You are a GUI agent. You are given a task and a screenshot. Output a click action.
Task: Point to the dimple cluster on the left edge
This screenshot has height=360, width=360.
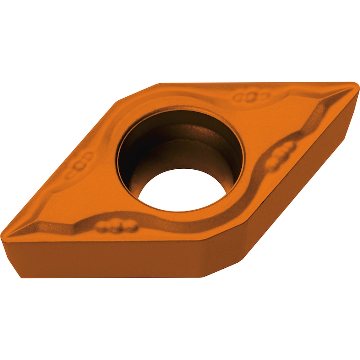pyautogui.click(x=81, y=166)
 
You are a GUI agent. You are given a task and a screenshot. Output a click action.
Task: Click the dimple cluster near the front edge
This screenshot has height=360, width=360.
pyautogui.click(x=116, y=225)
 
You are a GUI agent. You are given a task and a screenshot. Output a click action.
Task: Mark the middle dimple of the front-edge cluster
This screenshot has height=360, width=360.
pyautogui.click(x=116, y=225)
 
